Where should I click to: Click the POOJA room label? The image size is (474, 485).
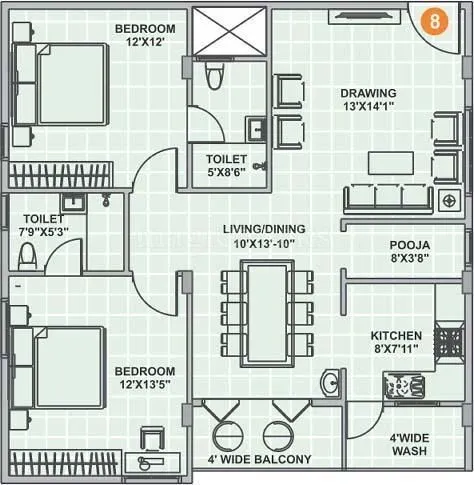tap(410, 244)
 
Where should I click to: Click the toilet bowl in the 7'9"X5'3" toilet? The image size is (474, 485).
tap(27, 256)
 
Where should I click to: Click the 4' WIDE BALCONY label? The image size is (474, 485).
tap(259, 460)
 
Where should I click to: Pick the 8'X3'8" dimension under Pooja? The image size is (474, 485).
tap(410, 259)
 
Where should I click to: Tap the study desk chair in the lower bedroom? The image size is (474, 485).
tap(152, 440)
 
